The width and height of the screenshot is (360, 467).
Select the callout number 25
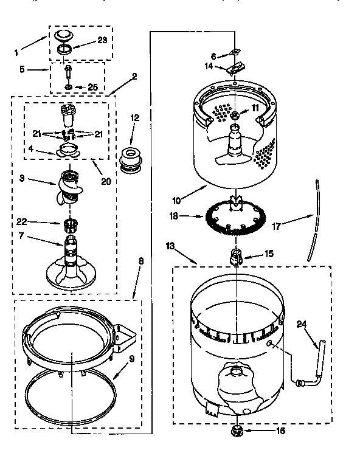pos(92,88)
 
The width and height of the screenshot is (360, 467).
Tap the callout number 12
pos(135,117)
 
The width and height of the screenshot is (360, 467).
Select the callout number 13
pos(170,246)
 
